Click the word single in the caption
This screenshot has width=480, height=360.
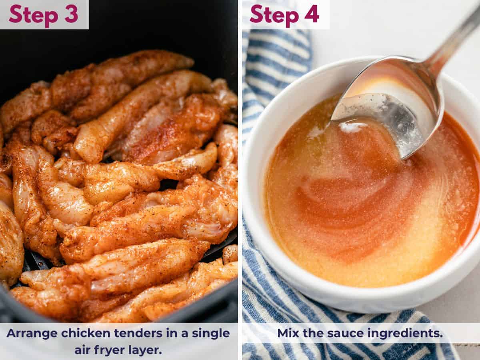pyautogui.click(x=210, y=333)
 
